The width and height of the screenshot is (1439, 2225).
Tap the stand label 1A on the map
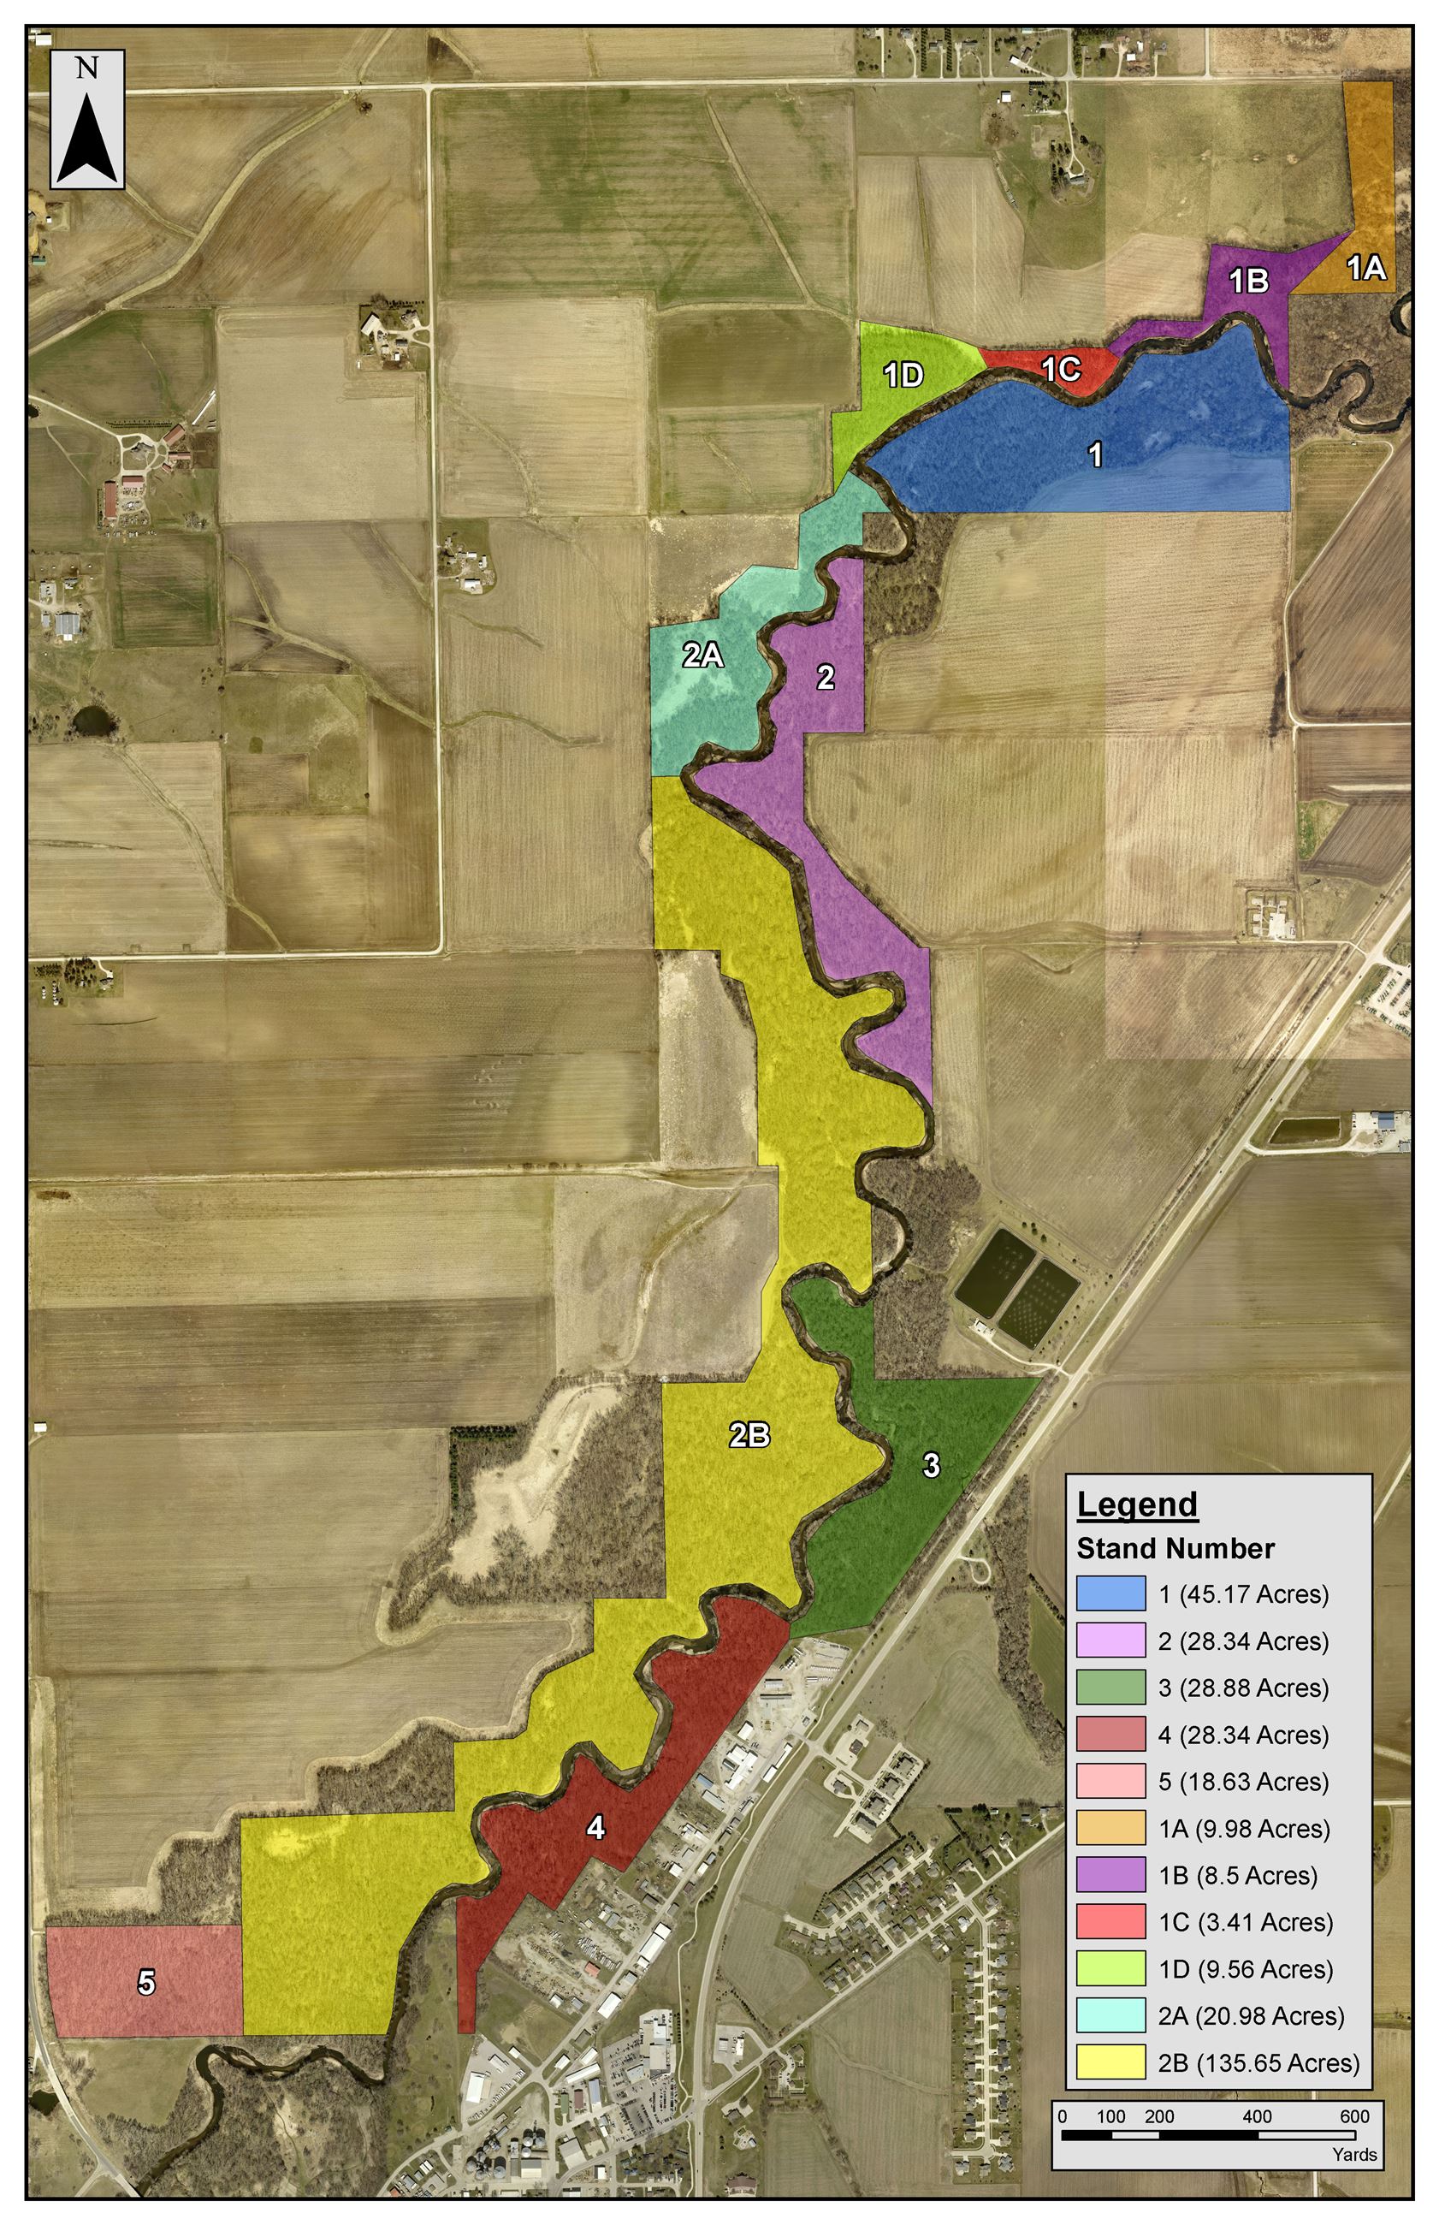(1365, 268)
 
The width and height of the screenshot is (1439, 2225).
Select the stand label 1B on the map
(1248, 281)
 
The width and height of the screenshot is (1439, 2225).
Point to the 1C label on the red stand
(1061, 368)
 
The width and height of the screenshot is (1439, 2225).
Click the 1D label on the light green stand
(903, 375)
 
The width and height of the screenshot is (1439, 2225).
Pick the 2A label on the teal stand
(702, 656)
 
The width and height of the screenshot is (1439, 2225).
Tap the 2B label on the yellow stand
(749, 1435)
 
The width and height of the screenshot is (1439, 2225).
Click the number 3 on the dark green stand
(931, 1465)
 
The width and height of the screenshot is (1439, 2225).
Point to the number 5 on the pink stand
(146, 1981)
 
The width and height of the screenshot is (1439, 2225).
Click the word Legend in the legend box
(1137, 1504)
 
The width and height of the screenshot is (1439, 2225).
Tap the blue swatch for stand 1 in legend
(1110, 1593)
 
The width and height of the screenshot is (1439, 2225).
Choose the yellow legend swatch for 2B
(1110, 2062)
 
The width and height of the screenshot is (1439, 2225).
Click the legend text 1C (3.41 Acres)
(1246, 1921)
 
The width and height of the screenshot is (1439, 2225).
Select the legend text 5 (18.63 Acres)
(1243, 1781)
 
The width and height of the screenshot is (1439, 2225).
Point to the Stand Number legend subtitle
(1175, 1548)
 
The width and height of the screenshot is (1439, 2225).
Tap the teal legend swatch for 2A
(1110, 2014)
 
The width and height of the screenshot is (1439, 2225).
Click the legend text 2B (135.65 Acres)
(1258, 2062)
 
